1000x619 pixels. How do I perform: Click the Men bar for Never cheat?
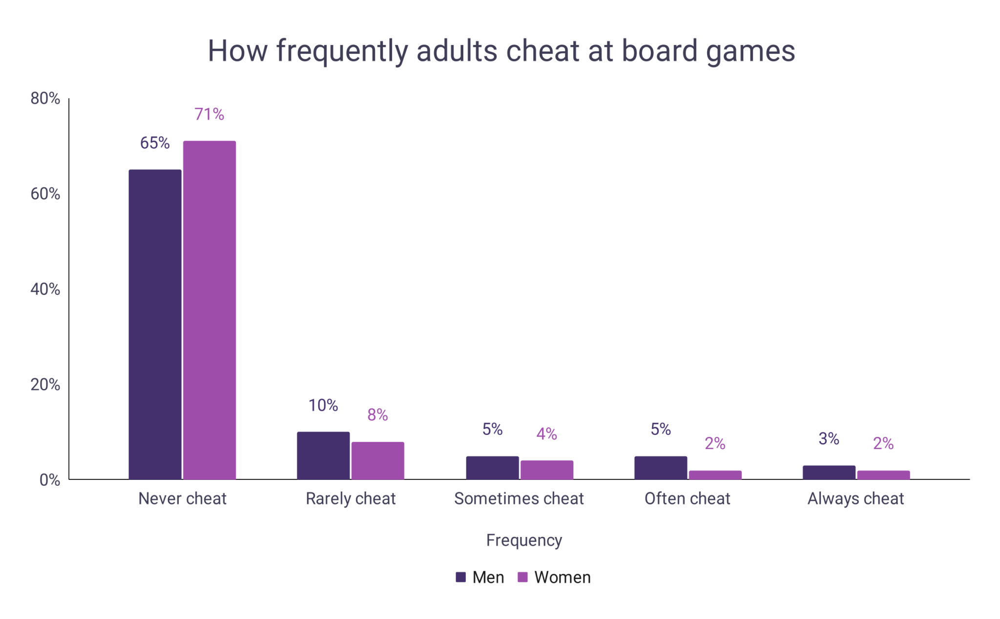tap(155, 324)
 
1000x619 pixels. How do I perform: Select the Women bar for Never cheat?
tap(209, 310)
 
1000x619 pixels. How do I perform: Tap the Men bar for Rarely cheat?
tap(323, 455)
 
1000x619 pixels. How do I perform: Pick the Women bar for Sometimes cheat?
tap(546, 470)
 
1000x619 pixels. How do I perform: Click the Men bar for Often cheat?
tap(661, 468)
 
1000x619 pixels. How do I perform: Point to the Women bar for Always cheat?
tap(883, 475)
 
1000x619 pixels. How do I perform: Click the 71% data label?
tap(209, 114)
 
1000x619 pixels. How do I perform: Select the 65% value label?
tap(155, 143)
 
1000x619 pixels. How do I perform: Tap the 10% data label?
tap(323, 405)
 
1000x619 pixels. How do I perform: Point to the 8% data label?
tap(377, 415)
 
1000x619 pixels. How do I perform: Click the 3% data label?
tap(829, 439)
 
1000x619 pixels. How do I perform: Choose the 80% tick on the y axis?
tap(45, 99)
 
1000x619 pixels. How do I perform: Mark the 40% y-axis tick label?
tap(45, 289)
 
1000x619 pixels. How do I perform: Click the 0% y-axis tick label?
tap(49, 480)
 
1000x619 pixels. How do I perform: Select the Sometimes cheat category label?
tap(519, 498)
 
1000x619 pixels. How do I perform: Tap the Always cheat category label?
tap(855, 498)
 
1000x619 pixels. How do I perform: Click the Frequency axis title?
tap(524, 540)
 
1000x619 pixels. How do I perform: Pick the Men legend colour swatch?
tap(460, 577)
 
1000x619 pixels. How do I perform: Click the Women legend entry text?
tap(562, 577)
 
